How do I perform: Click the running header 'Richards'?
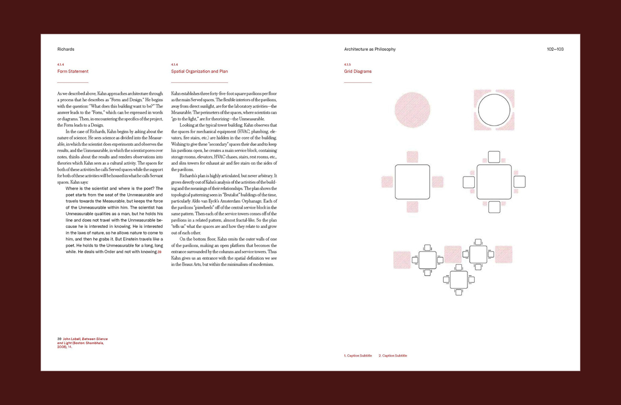pyautogui.click(x=66, y=49)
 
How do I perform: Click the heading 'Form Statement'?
pyautogui.click(x=73, y=71)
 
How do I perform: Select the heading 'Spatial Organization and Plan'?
pyautogui.click(x=199, y=71)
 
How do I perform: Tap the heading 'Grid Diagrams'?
pyautogui.click(x=358, y=71)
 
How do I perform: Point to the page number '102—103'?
pyautogui.click(x=555, y=49)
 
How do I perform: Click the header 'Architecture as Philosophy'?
pyautogui.click(x=370, y=49)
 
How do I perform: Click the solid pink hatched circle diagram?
pyautogui.click(x=412, y=110)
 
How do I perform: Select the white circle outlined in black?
pyautogui.click(x=494, y=110)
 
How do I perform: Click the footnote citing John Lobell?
pyautogui.click(x=82, y=343)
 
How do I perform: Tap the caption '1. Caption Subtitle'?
pyautogui.click(x=358, y=355)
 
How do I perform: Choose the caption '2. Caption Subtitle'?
pyautogui.click(x=393, y=355)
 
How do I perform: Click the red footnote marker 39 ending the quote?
pyautogui.click(x=160, y=252)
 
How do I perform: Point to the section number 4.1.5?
pyautogui.click(x=347, y=65)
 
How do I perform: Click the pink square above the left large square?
pyautogui.click(x=412, y=156)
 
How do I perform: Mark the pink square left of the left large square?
pyautogui.click(x=387, y=182)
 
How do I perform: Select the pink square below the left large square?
pyautogui.click(x=412, y=207)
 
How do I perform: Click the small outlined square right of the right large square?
pyautogui.click(x=520, y=182)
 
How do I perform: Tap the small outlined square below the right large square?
pyautogui.click(x=494, y=207)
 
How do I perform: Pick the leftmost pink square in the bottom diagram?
pyautogui.click(x=402, y=259)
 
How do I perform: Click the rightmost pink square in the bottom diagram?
pyautogui.click(x=503, y=254)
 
